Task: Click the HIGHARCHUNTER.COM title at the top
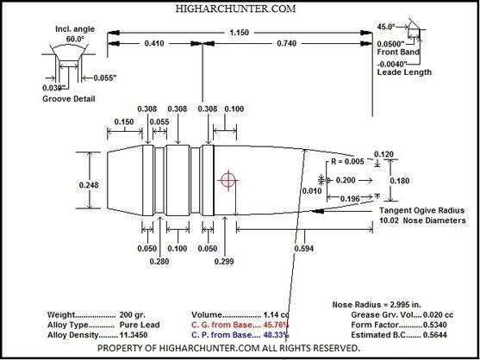tap(235, 9)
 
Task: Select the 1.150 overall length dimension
tap(239, 33)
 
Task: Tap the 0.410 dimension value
tap(154, 43)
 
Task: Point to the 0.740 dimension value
tap(286, 43)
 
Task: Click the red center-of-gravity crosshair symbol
tap(228, 180)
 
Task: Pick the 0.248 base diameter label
tap(89, 185)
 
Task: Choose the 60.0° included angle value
tap(75, 39)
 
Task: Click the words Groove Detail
tap(69, 99)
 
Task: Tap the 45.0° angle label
tap(386, 27)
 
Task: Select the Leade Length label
tap(404, 72)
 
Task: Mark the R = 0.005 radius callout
tap(348, 161)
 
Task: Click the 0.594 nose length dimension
tap(304, 248)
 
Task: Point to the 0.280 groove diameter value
tap(159, 262)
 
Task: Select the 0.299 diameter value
tap(224, 262)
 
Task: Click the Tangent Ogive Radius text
tap(422, 210)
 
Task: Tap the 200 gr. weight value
tap(133, 314)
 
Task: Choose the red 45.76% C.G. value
tap(276, 325)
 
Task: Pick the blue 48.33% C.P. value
tap(276, 335)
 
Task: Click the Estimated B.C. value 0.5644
tap(434, 335)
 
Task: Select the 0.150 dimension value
tap(124, 121)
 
